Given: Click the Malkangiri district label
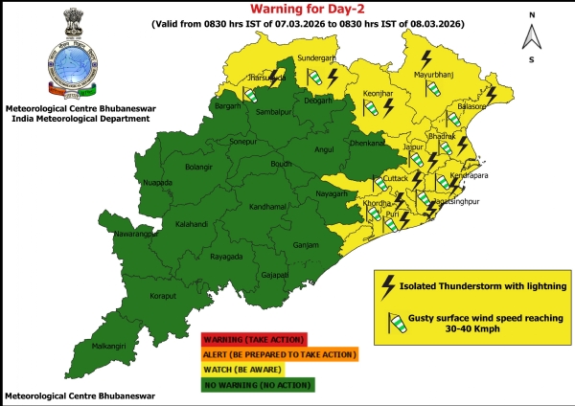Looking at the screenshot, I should tap(107, 346).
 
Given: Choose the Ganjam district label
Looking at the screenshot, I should tap(306, 244).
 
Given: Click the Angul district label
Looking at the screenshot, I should tap(323, 150).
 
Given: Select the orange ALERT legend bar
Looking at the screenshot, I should tap(278, 354).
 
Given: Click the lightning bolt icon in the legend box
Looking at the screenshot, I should tap(388, 285).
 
